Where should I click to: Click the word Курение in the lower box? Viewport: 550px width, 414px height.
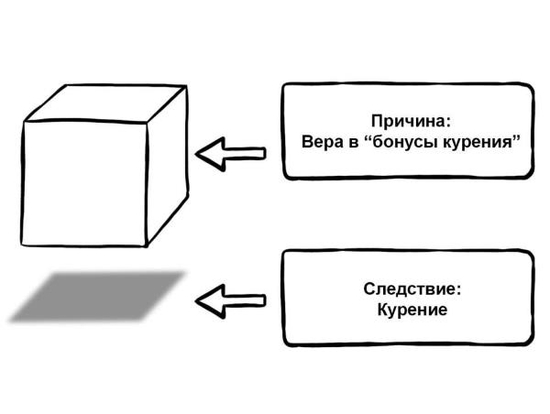(x=412, y=310)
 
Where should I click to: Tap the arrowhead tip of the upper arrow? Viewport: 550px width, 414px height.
(x=200, y=153)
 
